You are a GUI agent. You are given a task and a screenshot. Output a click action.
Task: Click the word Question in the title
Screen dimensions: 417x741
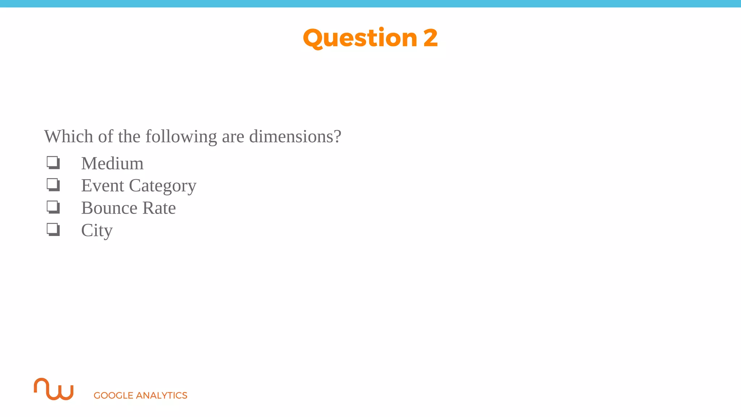360,38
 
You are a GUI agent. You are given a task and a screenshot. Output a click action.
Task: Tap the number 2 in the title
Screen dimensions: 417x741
431,38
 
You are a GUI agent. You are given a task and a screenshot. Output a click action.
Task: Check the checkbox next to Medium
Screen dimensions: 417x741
53,163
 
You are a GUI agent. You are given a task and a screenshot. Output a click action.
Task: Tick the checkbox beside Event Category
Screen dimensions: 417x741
53,185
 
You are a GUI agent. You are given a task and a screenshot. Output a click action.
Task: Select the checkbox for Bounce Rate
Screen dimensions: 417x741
53,207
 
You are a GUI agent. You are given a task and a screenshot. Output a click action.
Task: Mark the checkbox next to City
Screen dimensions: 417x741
53,229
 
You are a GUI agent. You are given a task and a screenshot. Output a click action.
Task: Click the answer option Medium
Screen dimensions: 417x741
112,163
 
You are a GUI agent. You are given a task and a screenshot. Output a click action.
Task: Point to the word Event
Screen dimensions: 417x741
102,186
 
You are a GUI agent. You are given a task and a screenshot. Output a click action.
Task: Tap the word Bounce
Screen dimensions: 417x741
109,208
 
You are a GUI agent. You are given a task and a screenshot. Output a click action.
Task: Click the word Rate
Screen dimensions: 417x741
159,208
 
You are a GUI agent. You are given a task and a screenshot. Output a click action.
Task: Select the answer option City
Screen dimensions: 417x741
97,231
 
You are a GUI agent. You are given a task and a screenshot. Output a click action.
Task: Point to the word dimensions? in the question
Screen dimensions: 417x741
295,136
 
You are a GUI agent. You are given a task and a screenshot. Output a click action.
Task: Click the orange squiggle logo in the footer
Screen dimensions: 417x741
54,389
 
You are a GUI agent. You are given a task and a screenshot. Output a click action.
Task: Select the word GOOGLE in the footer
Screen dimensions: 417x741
113,395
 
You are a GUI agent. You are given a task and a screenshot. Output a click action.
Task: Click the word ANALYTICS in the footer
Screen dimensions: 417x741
161,395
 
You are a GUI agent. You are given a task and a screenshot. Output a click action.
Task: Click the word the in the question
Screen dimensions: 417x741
129,136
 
